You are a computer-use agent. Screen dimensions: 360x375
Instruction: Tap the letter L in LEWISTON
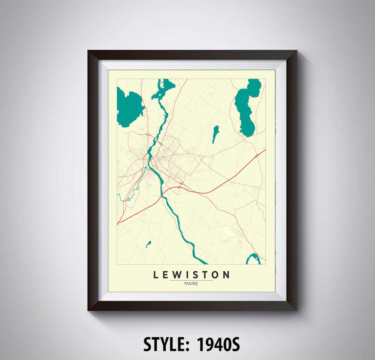[x=156, y=275]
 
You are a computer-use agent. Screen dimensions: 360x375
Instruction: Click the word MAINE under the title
[x=191, y=284]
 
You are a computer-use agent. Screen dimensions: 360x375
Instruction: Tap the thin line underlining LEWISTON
[x=191, y=280]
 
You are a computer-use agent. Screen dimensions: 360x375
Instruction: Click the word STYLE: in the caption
[x=167, y=344]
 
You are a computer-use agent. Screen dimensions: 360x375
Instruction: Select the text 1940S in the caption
[x=218, y=344]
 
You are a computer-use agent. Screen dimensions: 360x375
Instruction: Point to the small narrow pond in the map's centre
[x=215, y=134]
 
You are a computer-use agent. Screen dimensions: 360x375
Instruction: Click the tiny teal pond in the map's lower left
[x=149, y=244]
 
